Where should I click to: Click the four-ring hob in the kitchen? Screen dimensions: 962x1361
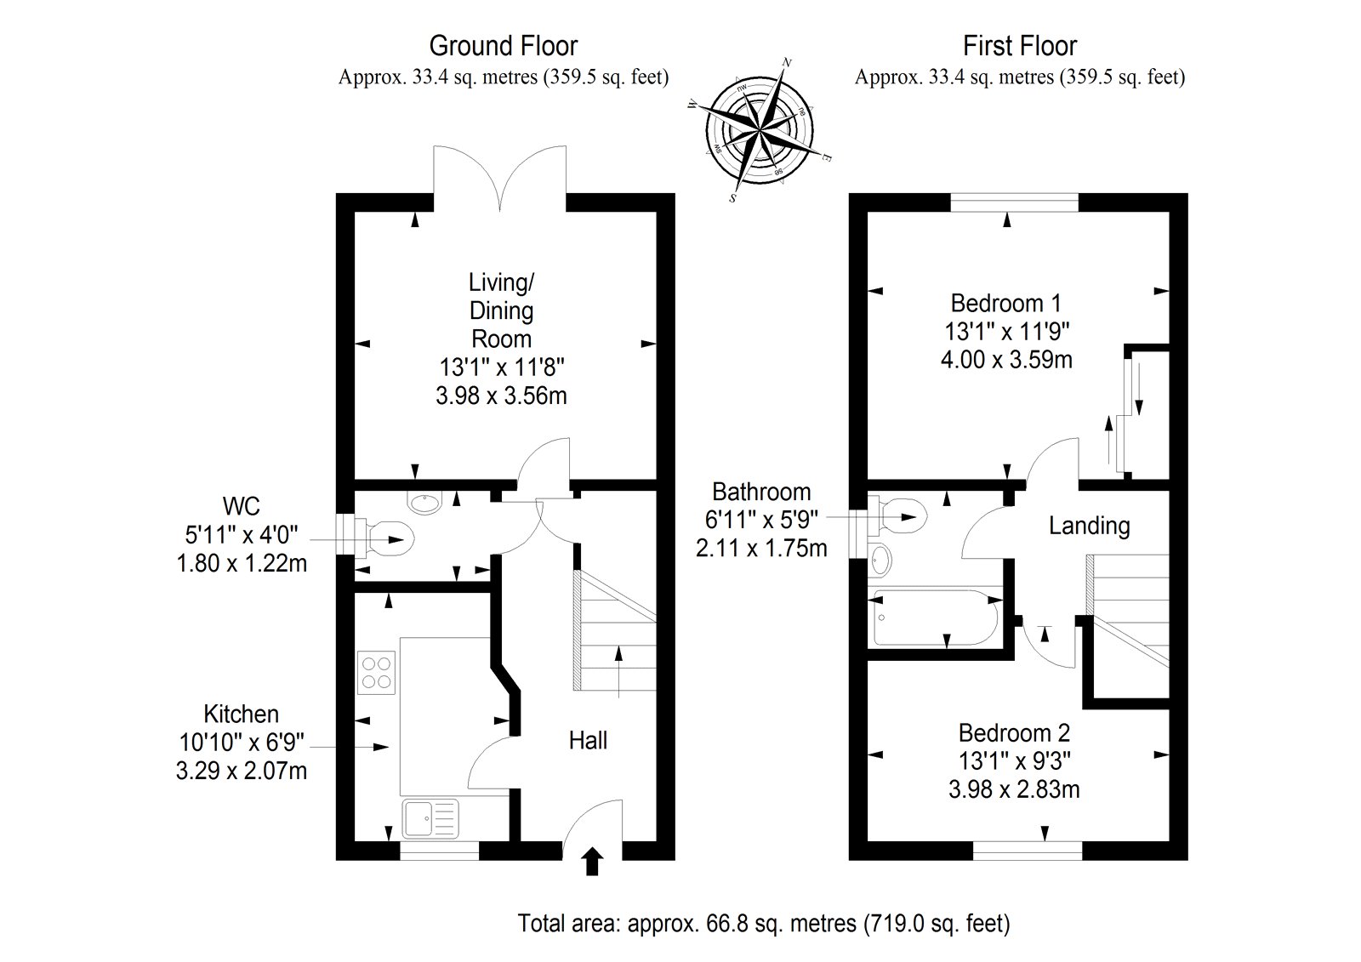(378, 672)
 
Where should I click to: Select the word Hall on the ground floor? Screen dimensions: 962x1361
(588, 741)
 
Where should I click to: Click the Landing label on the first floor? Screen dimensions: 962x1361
(1089, 526)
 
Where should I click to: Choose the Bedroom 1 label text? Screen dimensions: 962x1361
(1006, 303)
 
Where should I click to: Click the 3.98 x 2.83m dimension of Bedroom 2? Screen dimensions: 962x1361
(1014, 789)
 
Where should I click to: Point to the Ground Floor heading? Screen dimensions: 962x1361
(504, 46)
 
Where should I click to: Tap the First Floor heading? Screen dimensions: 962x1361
(1020, 46)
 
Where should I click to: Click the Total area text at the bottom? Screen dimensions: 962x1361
(764, 923)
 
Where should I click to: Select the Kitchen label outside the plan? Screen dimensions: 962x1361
(241, 714)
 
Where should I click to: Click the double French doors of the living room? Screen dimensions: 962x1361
(500, 174)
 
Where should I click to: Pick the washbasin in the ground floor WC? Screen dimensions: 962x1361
(424, 503)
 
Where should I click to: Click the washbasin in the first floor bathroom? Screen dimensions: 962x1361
(882, 559)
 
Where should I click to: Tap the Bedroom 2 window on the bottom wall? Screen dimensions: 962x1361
(1028, 848)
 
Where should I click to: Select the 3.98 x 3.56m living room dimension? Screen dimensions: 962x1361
(501, 396)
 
